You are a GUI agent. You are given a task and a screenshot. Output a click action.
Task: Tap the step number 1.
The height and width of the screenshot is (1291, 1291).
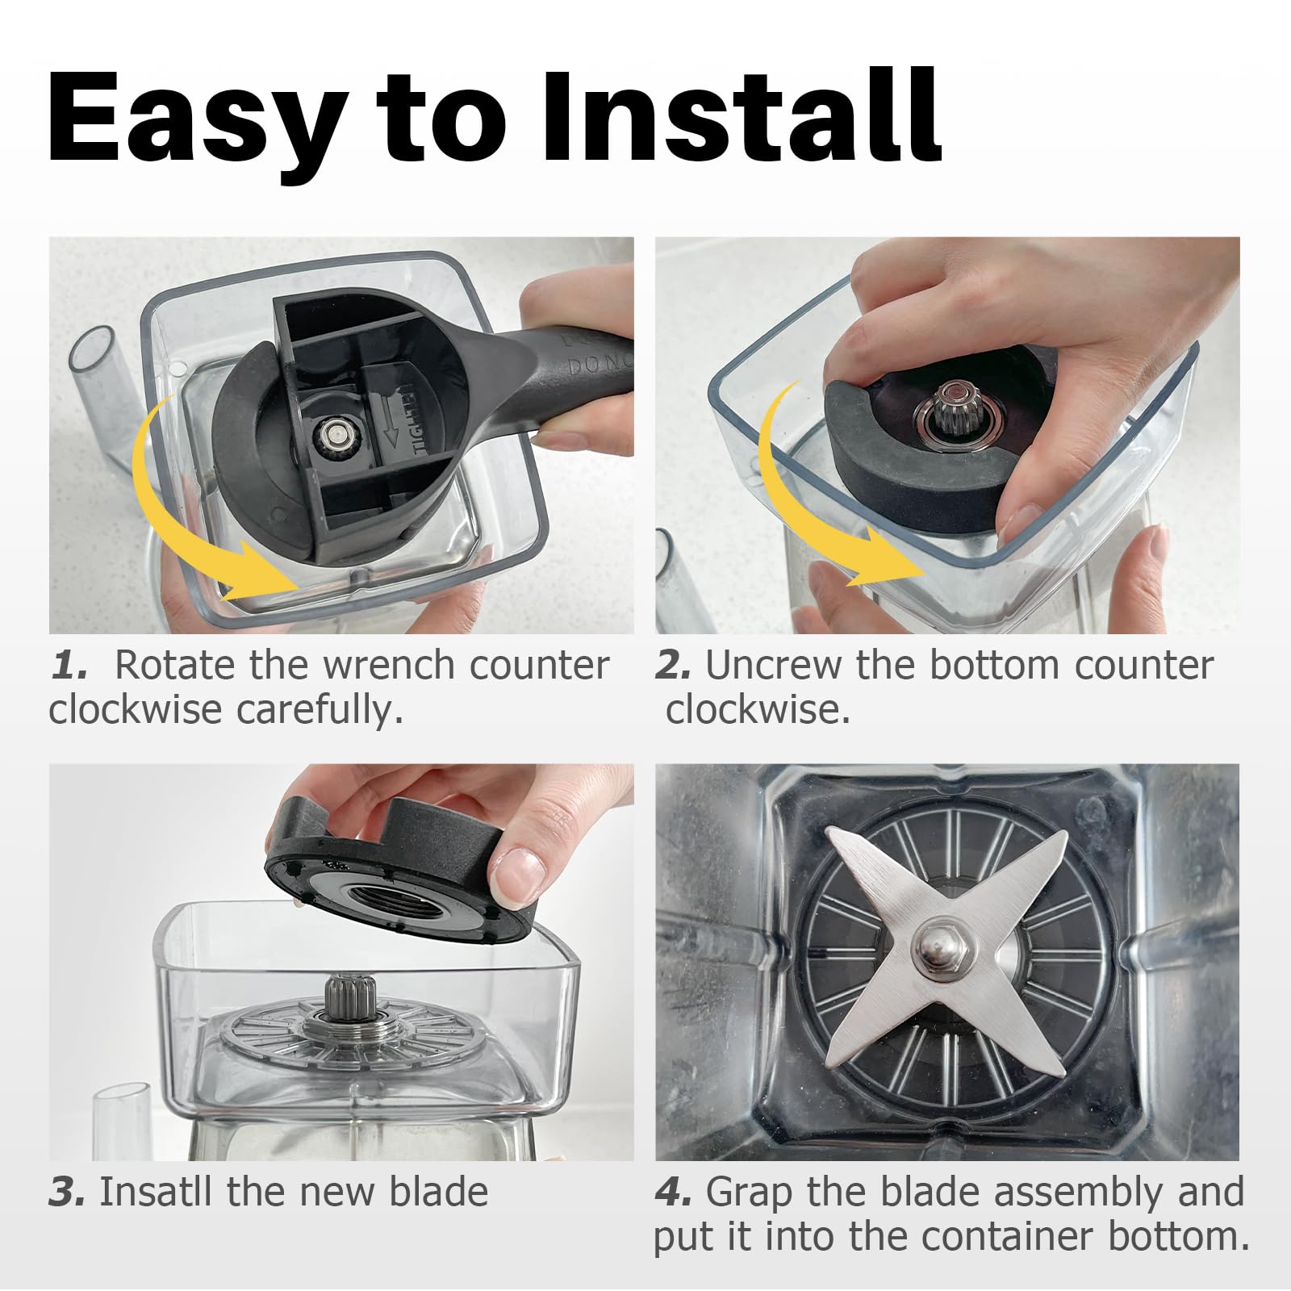[69, 666]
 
